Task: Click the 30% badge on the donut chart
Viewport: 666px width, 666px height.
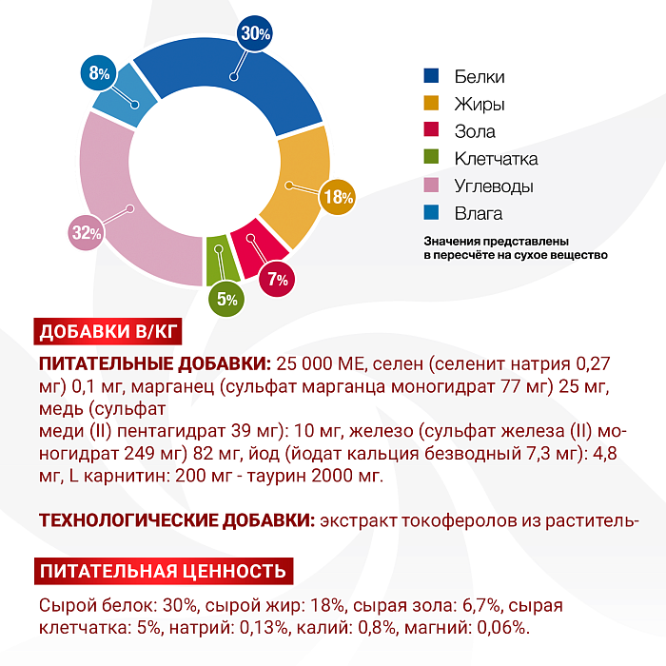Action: [x=256, y=33]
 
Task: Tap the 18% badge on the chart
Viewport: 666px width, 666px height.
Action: [x=338, y=197]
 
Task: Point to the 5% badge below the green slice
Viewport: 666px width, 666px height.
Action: [x=226, y=298]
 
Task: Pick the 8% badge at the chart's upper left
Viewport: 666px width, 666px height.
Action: [x=100, y=72]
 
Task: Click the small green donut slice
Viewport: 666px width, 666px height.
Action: [x=217, y=259]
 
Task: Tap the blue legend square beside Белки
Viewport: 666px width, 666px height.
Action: [x=431, y=76]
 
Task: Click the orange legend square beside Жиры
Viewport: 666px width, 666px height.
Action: [x=431, y=104]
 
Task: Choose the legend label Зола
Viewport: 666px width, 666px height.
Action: [x=475, y=131]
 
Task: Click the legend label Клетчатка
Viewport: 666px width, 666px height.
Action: [x=496, y=159]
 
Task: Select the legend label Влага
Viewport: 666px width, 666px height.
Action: [x=479, y=213]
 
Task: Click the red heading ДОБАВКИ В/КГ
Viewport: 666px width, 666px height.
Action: [x=108, y=333]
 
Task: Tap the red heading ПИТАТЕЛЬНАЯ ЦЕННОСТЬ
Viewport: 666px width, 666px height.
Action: [x=162, y=572]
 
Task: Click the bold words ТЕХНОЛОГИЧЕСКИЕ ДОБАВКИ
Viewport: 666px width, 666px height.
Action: [x=177, y=520]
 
